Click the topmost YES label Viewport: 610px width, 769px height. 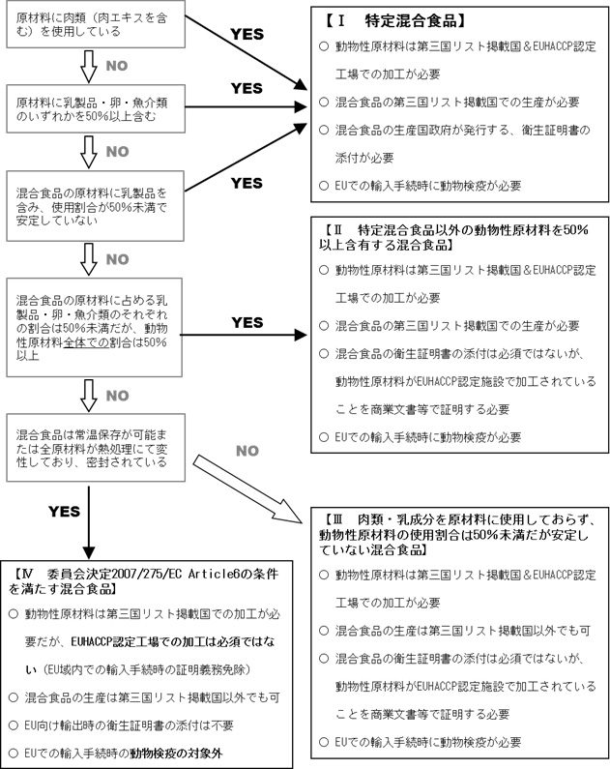tap(247, 33)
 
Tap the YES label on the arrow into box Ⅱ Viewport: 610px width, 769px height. tap(247, 322)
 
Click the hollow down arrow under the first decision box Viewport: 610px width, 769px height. tap(88, 66)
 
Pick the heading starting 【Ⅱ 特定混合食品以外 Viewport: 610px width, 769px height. tap(454, 238)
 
